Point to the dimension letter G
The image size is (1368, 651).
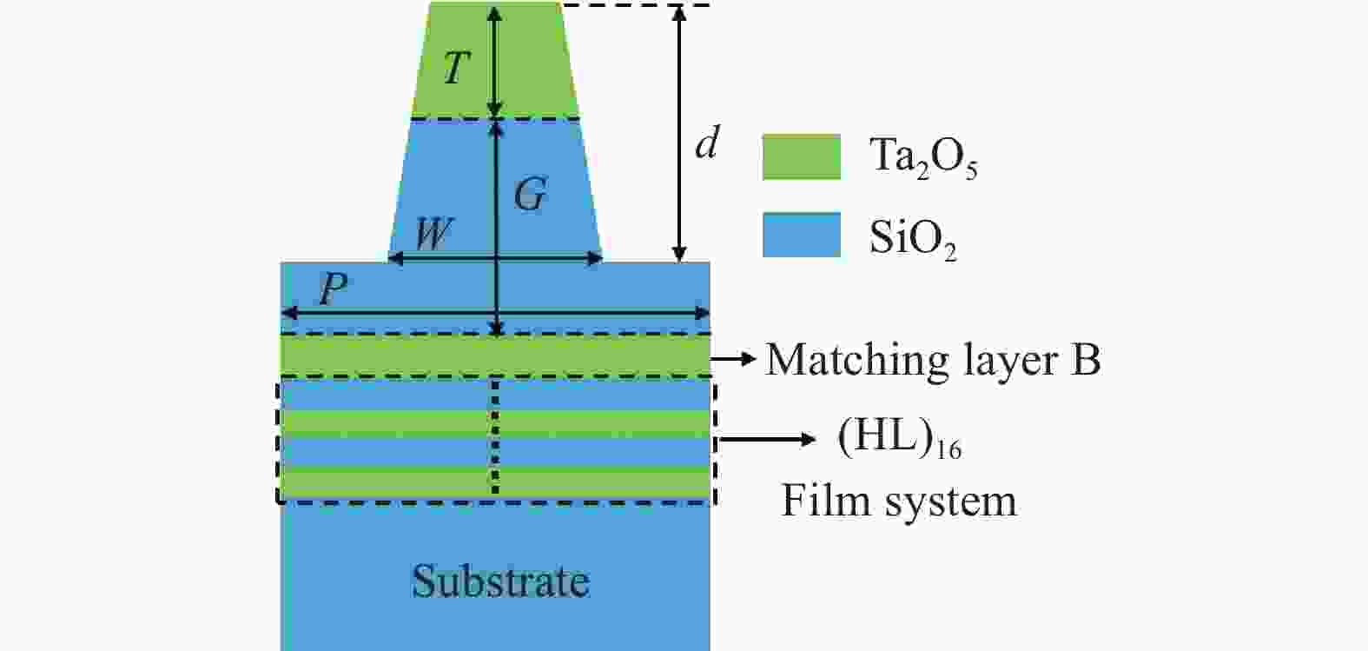530,195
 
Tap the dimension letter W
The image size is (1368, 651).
433,234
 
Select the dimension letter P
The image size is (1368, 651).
333,289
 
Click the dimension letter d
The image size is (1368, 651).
706,143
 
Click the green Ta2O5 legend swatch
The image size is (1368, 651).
801,157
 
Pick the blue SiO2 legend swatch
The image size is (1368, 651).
801,235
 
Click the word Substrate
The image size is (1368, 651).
500,581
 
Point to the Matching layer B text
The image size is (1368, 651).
932,359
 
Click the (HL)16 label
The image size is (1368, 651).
899,440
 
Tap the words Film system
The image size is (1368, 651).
898,502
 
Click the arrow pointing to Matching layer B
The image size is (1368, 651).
734,358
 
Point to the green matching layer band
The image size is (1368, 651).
391,355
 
